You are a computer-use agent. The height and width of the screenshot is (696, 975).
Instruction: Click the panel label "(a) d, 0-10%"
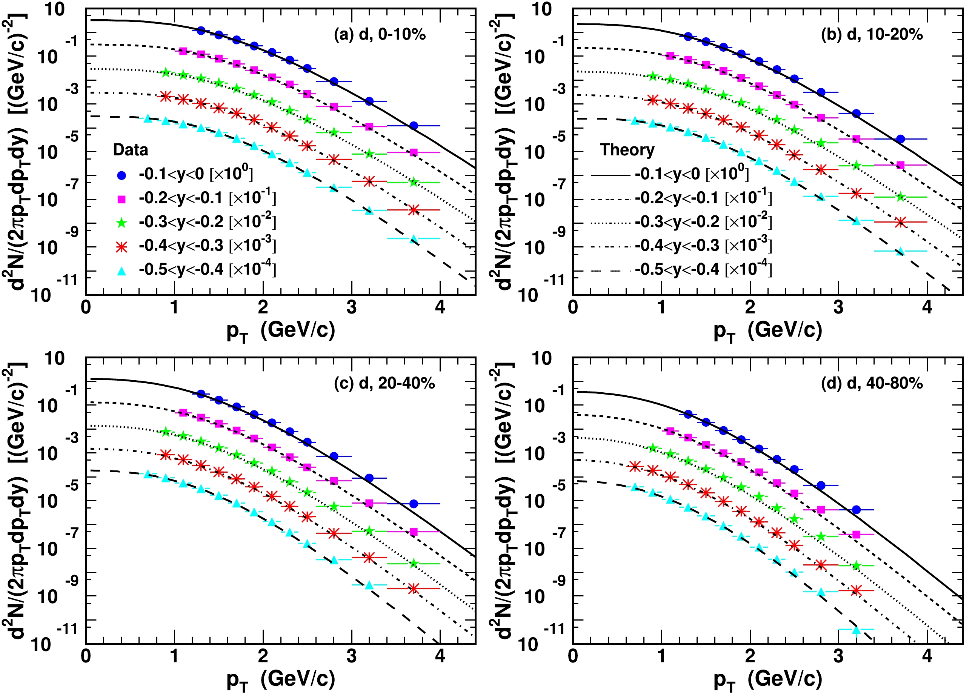tap(380, 34)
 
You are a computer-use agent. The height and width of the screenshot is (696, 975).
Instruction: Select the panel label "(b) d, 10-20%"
tap(872, 34)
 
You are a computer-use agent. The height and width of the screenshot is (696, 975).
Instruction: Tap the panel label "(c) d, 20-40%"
tap(384, 383)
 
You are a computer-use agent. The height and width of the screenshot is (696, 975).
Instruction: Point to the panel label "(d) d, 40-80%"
tap(872, 383)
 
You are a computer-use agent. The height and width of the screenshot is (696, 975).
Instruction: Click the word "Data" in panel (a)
tap(130, 150)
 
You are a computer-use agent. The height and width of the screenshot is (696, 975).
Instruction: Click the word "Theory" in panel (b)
tap(627, 150)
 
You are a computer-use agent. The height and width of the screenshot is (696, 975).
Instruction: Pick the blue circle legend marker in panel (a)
tap(122, 175)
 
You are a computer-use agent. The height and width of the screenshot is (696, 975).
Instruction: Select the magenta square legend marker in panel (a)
tap(122, 199)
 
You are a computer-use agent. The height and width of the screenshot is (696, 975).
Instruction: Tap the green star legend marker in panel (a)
tap(122, 223)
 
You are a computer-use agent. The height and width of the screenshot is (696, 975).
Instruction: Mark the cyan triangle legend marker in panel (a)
tap(122, 270)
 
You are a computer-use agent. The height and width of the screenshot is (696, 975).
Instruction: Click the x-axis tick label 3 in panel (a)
tap(351, 307)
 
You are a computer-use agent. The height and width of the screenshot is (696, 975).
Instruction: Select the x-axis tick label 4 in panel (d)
tap(927, 656)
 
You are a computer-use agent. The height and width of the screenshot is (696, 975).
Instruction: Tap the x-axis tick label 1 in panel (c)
tap(174, 656)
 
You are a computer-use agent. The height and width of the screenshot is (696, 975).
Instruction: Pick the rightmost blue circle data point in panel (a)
tap(414, 126)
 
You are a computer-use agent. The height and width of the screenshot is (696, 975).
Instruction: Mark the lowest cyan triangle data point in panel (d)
tap(856, 630)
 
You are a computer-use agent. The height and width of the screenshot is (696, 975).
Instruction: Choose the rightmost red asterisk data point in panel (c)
tap(414, 589)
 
